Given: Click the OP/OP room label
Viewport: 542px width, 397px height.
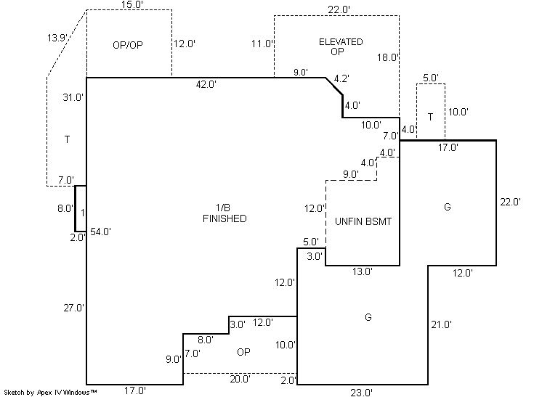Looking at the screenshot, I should pos(128,44).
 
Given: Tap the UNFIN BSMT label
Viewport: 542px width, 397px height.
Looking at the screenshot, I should pos(363,221).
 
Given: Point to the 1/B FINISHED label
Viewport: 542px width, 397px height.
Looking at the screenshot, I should pos(225,213).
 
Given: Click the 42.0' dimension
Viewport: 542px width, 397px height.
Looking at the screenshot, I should pos(206,84).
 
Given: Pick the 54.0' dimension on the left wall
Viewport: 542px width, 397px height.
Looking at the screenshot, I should pos(100,232).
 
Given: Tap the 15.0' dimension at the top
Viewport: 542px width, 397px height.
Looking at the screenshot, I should pos(132,5).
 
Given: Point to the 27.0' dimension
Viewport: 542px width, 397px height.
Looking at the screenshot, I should pos(74,308).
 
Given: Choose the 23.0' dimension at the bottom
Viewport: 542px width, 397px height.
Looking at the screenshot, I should pos(361,392).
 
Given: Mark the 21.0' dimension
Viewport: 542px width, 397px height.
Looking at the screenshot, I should pos(441,324).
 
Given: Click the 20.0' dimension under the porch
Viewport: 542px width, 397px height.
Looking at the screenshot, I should pos(240,378).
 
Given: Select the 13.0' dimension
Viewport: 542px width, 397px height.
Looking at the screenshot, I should pos(362,271).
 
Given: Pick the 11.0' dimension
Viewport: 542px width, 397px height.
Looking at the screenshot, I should pos(262,44).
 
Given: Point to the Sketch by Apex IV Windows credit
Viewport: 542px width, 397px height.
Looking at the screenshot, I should pos(51,392).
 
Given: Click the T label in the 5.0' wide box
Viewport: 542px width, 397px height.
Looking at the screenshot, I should pos(430,117).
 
